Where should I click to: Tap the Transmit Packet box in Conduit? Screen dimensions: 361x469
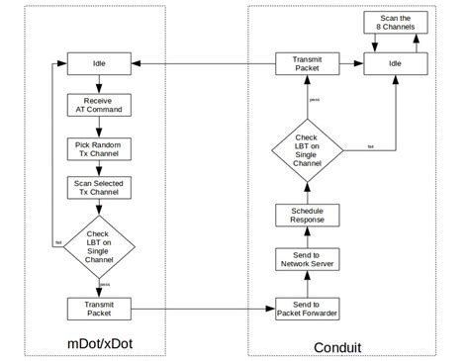306,64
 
